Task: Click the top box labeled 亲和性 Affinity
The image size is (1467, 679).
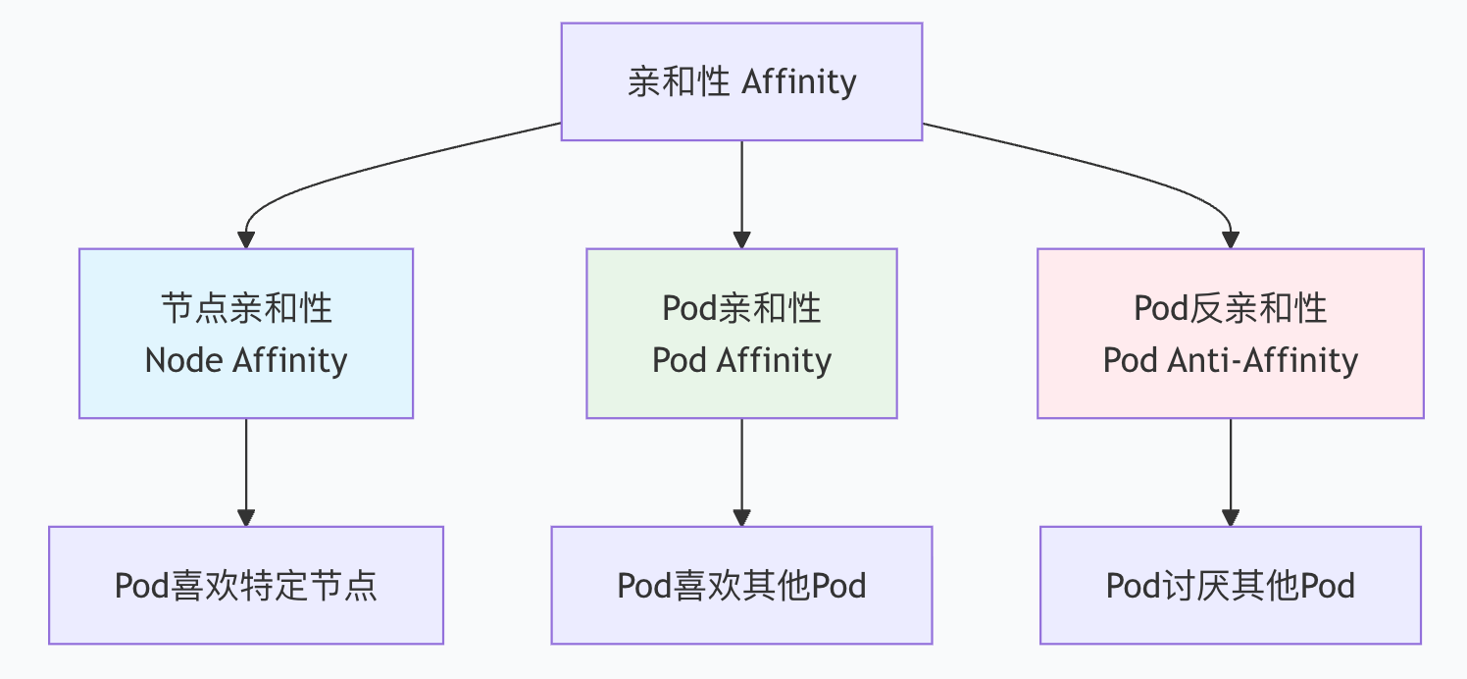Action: (x=741, y=81)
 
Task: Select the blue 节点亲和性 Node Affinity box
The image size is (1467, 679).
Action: (x=246, y=334)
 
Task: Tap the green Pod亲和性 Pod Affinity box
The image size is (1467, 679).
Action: (x=741, y=334)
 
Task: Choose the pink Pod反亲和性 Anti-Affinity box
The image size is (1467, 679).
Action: (x=1230, y=334)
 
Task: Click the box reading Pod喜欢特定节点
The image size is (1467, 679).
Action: (x=246, y=586)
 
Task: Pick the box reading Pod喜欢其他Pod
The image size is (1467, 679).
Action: (x=741, y=586)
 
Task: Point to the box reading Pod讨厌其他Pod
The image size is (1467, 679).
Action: (x=1230, y=586)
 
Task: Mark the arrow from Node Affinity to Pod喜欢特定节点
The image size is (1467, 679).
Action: (x=246, y=471)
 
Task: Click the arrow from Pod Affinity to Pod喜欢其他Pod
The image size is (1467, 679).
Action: (x=741, y=471)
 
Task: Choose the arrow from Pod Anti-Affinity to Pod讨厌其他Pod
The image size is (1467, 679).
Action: (x=1230, y=471)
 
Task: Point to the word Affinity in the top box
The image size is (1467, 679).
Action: (x=798, y=81)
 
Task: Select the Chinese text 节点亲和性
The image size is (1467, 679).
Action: (x=246, y=308)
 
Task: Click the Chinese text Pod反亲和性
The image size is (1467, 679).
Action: (x=1230, y=308)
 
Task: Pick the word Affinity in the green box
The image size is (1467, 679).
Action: (x=774, y=360)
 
